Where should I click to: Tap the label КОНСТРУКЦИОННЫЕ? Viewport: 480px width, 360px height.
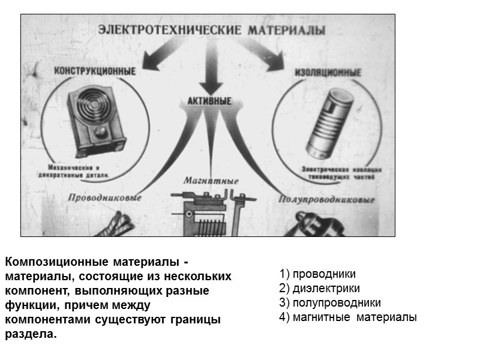click(95, 70)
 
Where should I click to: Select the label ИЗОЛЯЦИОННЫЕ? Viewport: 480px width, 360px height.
click(328, 72)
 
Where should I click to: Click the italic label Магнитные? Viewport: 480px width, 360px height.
click(211, 181)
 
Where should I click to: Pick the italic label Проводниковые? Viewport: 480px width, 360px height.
click(104, 197)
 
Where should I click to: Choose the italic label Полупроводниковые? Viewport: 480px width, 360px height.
click(327, 200)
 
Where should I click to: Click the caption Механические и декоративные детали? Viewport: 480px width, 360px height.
click(79, 171)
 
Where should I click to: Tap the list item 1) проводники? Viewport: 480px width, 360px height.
click(317, 274)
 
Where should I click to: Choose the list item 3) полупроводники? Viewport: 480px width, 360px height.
click(330, 303)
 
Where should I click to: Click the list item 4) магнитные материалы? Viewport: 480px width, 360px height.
click(348, 317)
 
